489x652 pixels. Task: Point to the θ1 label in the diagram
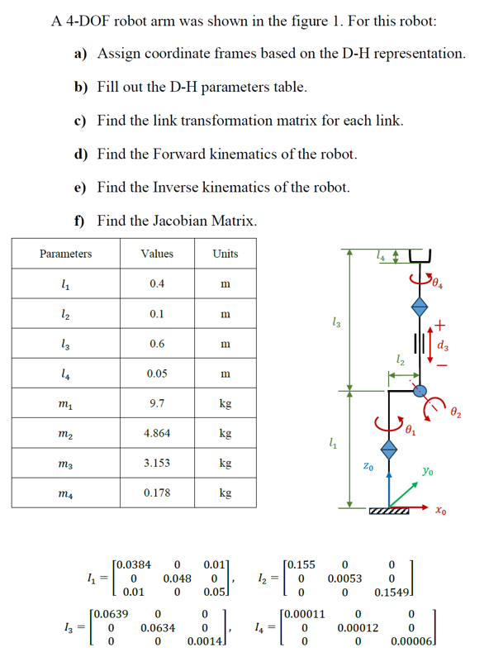click(x=411, y=430)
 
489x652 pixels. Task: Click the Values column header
click(x=156, y=254)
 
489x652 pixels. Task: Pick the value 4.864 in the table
click(x=156, y=432)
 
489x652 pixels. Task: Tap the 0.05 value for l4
click(x=156, y=373)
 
